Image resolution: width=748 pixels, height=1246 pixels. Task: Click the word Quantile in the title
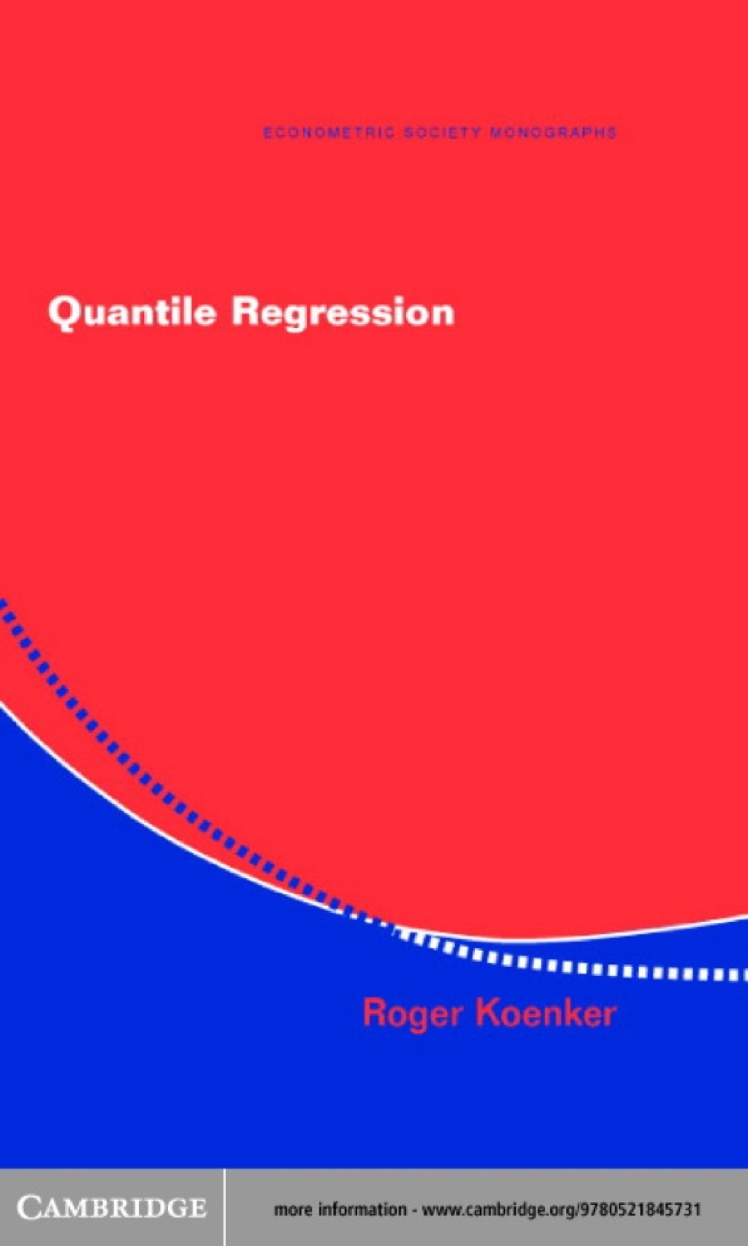coord(132,313)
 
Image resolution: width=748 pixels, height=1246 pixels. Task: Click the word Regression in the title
coord(343,313)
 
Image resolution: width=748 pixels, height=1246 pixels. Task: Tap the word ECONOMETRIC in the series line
coord(328,133)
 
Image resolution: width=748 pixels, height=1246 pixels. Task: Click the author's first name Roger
coord(413,1013)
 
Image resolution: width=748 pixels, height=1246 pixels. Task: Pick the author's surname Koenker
coord(546,1013)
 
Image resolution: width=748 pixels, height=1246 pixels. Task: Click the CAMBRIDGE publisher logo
coord(111,1207)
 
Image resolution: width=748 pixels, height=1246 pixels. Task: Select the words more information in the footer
coord(340,1209)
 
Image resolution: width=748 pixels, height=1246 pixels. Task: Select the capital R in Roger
coord(375,1012)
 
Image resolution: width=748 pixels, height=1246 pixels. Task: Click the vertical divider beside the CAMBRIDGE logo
coord(224,1207)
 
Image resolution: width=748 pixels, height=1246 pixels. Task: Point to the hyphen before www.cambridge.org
coord(414,1210)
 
